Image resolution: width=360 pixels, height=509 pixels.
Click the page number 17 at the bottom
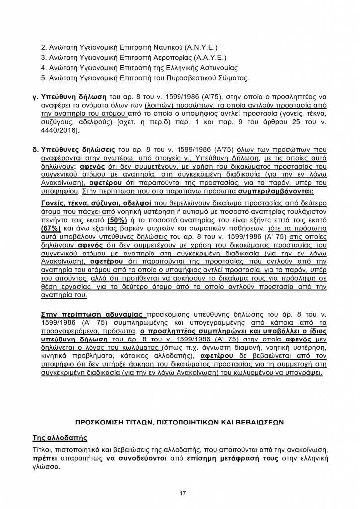click(x=183, y=493)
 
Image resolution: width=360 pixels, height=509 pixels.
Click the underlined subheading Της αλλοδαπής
click(x=60, y=438)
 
